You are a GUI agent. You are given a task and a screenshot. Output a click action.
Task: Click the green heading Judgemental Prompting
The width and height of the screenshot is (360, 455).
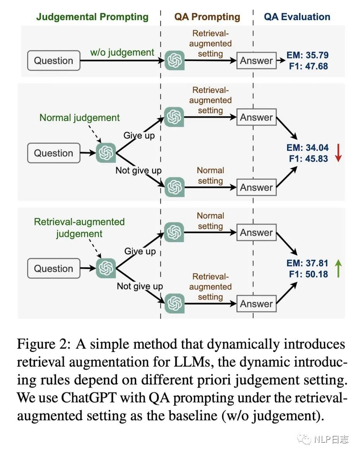92,17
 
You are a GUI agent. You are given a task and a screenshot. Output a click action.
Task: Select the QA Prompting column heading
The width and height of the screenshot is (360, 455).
207,17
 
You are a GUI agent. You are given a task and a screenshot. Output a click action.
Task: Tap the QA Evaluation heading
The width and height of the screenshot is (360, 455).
297,17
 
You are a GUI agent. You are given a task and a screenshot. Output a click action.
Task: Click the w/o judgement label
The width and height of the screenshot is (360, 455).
122,53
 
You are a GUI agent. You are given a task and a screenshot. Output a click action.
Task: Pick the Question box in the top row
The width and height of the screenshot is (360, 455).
54,60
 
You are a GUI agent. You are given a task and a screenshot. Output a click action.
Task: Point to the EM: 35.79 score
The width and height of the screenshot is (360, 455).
307,55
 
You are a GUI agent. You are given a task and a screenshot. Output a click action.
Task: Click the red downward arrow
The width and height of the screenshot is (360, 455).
338,153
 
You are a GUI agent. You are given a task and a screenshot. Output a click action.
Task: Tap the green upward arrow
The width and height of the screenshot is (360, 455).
338,268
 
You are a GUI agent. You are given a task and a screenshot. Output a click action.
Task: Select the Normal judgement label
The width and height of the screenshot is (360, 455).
79,118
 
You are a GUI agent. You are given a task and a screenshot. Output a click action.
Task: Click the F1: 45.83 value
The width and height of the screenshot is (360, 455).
308,159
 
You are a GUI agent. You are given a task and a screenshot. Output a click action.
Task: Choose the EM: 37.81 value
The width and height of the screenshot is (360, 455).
307,263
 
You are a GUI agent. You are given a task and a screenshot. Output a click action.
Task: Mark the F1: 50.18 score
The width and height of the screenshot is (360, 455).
308,274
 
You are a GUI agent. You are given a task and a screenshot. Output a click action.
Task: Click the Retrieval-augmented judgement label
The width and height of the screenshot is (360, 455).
79,228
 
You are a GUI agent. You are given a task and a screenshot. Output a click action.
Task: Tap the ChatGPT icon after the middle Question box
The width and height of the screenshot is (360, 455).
106,153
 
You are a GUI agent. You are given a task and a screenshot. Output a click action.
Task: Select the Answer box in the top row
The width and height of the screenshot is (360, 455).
256,60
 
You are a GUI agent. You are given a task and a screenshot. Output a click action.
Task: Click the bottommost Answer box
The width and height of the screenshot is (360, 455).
256,304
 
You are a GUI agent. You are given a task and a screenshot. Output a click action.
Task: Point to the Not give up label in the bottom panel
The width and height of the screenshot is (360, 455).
140,286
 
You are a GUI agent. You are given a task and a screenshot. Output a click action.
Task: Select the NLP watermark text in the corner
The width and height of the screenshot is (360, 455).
332,439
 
